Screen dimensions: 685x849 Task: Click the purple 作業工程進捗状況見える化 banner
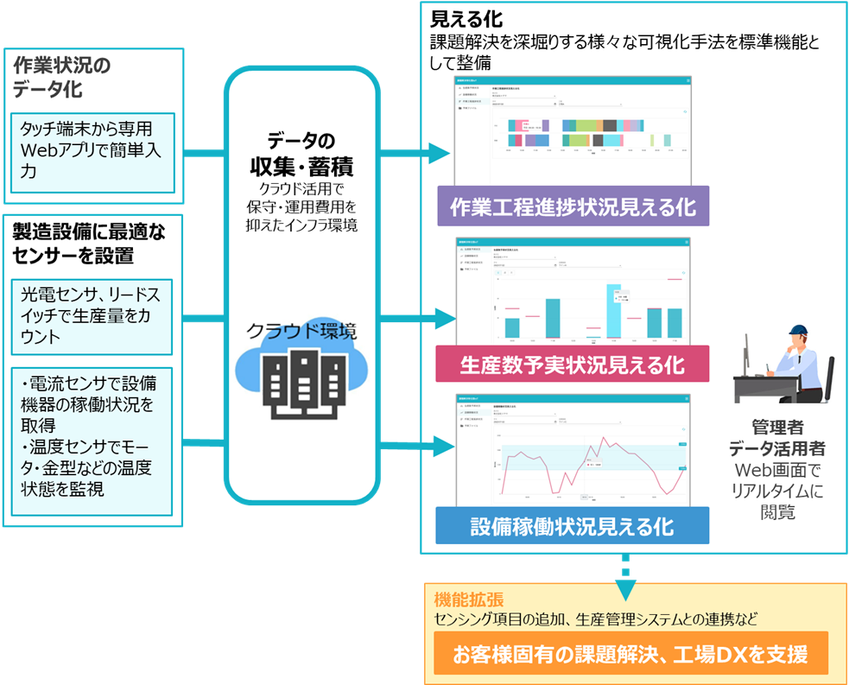[x=573, y=207]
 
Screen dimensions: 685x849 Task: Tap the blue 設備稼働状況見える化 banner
[x=573, y=525]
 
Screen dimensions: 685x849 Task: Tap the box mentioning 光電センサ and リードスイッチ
[x=93, y=316]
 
